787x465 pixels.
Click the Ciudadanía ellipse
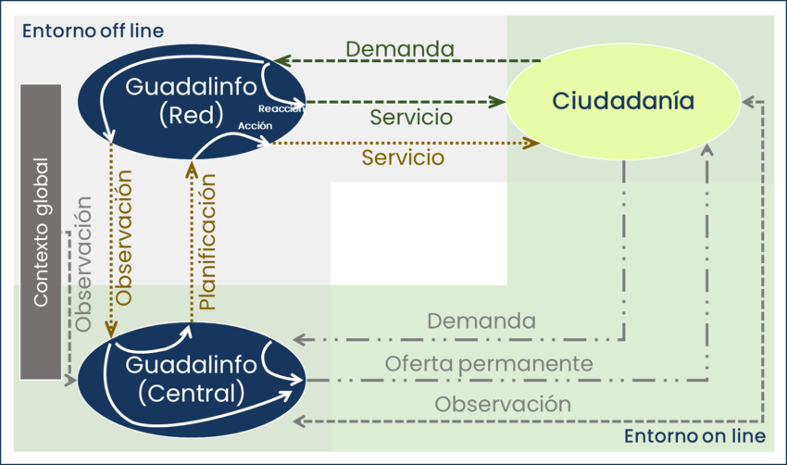[x=623, y=102]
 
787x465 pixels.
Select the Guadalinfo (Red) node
[x=192, y=102]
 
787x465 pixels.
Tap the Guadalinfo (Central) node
[x=192, y=380]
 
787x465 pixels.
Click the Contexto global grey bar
[x=41, y=232]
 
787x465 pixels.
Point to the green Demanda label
[x=400, y=49]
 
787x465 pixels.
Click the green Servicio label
[x=411, y=117]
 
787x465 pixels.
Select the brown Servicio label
[x=403, y=157]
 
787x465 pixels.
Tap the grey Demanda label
[x=481, y=320]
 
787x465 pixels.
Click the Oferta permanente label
[x=489, y=363]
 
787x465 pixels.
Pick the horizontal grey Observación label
[x=503, y=404]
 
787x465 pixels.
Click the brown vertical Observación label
[x=123, y=237]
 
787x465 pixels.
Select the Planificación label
[x=207, y=242]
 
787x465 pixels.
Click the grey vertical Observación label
[x=83, y=264]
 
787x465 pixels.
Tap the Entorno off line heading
[x=93, y=31]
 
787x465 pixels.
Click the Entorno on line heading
[x=694, y=436]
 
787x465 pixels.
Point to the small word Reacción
[x=281, y=108]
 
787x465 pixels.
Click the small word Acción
[x=255, y=126]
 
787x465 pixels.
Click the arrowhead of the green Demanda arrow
[x=282, y=61]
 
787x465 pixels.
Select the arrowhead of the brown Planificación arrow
[x=192, y=170]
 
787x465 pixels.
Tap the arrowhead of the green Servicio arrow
[x=497, y=102]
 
